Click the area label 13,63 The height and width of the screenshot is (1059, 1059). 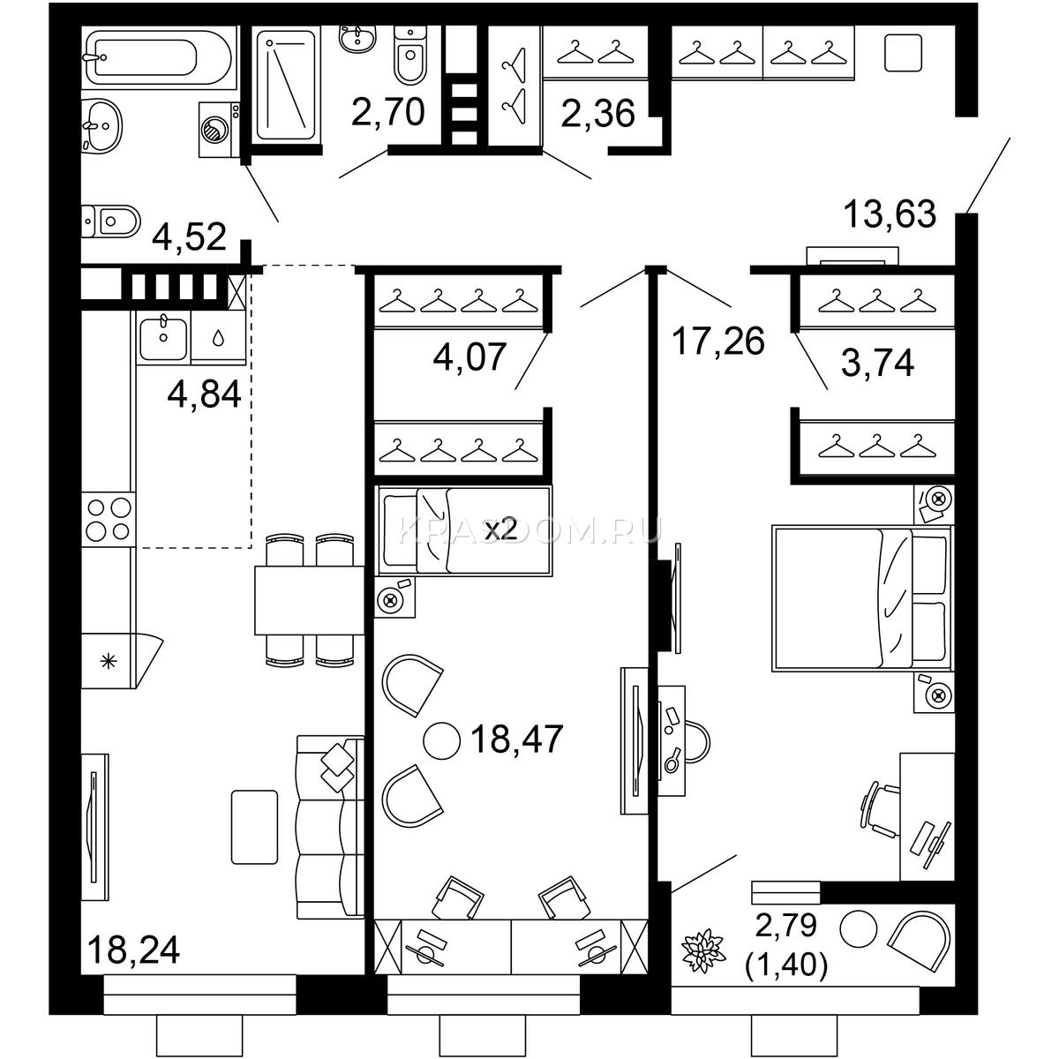tap(890, 214)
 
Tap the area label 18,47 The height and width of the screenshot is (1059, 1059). tap(516, 740)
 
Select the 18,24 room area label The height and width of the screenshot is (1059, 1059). tap(133, 950)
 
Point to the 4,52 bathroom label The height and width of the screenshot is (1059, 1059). tap(189, 237)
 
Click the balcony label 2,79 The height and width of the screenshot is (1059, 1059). tap(786, 926)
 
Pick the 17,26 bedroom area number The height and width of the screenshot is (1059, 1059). tap(717, 342)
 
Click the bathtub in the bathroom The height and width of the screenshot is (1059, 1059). tap(159, 57)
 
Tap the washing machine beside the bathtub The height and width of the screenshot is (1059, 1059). tap(219, 130)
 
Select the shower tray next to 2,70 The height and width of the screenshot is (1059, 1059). tap(286, 85)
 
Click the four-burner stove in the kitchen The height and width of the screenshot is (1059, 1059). tap(109, 519)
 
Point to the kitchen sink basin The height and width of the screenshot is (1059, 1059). tap(163, 338)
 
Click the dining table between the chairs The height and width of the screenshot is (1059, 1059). tap(310, 601)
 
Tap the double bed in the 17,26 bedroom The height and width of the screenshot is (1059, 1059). tap(861, 598)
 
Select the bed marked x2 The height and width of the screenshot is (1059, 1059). tap(463, 531)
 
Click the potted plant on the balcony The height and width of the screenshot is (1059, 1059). tap(703, 950)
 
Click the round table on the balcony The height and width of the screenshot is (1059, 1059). tap(859, 929)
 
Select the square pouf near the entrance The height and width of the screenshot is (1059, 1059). tap(903, 53)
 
